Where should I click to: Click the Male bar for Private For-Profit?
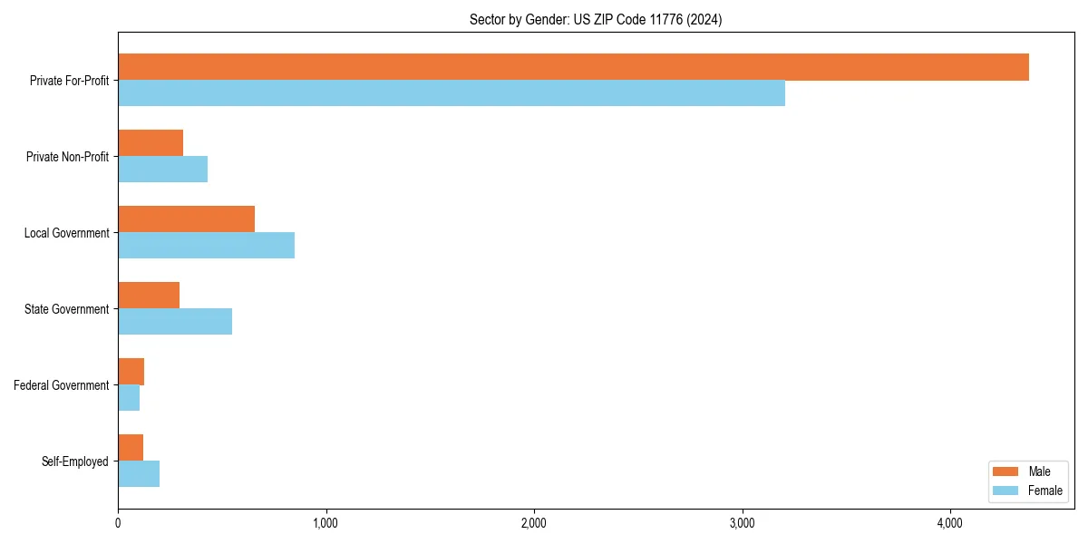(573, 67)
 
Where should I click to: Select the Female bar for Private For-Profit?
(452, 93)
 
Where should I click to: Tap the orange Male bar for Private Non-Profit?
(151, 143)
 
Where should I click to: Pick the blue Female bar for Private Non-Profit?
(162, 170)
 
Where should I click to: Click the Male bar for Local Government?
(186, 219)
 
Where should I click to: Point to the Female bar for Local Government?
(206, 246)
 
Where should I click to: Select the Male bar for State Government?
(149, 296)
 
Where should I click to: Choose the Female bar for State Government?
(175, 322)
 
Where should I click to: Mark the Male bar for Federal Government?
(131, 372)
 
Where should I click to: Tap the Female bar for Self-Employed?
(139, 474)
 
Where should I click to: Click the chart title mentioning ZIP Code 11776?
(596, 19)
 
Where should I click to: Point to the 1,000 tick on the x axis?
(325, 523)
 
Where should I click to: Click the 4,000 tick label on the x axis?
(950, 523)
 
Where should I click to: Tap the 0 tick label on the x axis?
(118, 523)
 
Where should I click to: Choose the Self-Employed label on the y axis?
(74, 461)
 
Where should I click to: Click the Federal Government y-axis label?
(61, 385)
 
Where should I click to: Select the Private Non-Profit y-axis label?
(67, 157)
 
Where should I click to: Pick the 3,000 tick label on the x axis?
(742, 523)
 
